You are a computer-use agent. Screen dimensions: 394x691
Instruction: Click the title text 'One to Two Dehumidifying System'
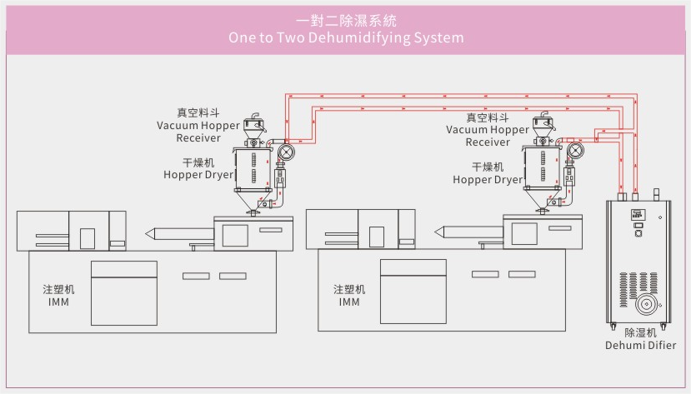click(x=345, y=38)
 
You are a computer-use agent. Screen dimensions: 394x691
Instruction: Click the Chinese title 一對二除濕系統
click(x=345, y=20)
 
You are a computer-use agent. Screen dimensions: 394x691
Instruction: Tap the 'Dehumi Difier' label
click(x=640, y=345)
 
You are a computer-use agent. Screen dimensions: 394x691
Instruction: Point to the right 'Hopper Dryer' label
click(x=488, y=179)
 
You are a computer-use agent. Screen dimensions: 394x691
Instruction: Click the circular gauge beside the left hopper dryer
click(x=286, y=152)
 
